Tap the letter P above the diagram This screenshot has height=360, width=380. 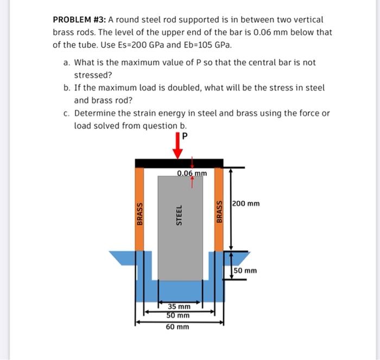tap(186, 136)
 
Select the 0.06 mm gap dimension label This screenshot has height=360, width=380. tap(192, 173)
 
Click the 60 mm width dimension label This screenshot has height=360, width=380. tap(178, 326)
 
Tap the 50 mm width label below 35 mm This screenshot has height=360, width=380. tap(178, 315)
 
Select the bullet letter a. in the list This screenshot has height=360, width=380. tap(67, 63)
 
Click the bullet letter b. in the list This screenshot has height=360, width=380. tap(67, 88)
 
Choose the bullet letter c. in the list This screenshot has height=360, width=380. tap(67, 113)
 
